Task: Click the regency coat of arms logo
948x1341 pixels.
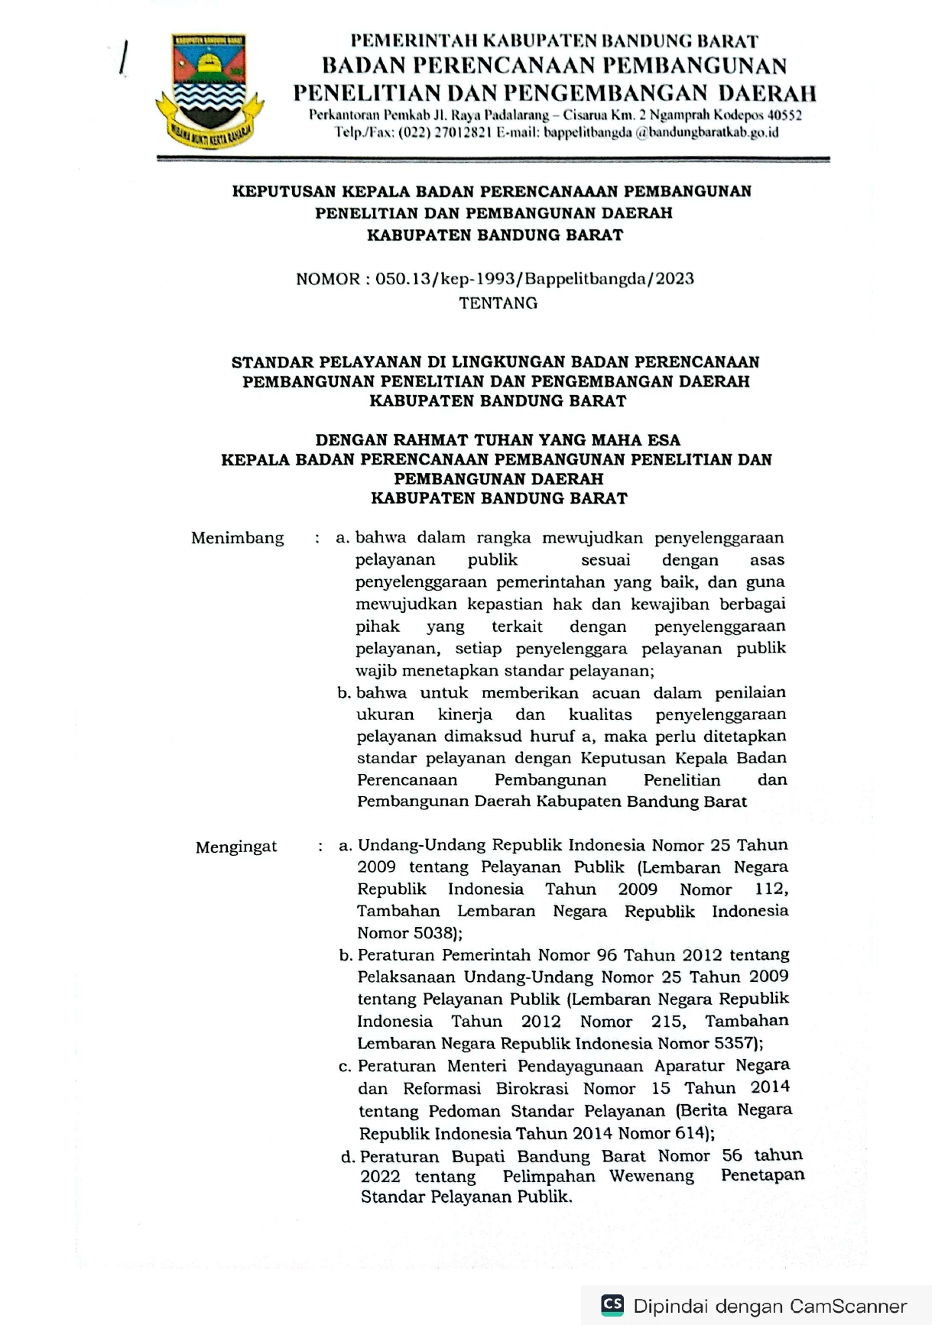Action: [209, 91]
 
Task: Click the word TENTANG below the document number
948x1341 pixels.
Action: [498, 303]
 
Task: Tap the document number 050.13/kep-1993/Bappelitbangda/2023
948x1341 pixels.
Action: [534, 279]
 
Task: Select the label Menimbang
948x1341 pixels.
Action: [237, 538]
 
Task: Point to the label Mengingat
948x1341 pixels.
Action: [236, 847]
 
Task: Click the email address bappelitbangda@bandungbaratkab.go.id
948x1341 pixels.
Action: [661, 132]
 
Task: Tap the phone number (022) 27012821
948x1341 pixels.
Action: [444, 132]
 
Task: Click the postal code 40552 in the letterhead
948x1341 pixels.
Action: [784, 115]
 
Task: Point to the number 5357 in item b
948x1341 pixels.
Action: [734, 1043]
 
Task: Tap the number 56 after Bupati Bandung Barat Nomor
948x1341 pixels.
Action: [732, 1155]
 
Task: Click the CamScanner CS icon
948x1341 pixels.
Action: [612, 1304]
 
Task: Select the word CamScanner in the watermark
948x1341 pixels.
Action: [848, 1306]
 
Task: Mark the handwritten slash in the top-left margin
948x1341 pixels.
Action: [122, 57]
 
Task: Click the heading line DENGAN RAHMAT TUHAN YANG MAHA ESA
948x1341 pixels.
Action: [498, 440]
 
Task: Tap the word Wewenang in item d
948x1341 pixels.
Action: [651, 1176]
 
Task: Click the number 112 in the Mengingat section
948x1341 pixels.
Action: [770, 889]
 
